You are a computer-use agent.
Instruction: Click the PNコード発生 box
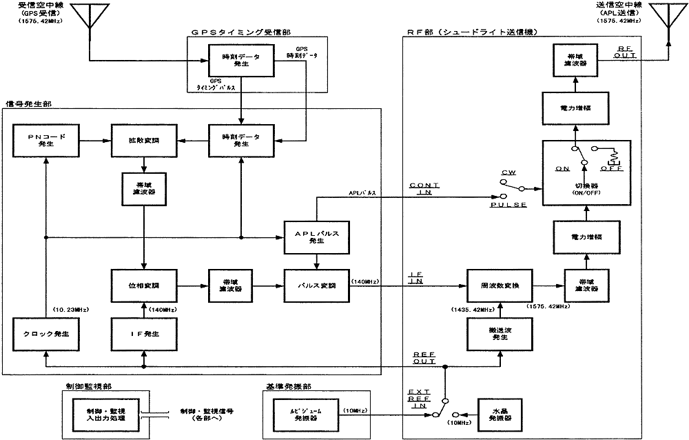(x=46, y=141)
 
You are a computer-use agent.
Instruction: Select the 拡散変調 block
(x=143, y=141)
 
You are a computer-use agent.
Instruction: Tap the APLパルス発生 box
(x=316, y=237)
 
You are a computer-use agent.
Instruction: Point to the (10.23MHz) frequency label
(x=71, y=308)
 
